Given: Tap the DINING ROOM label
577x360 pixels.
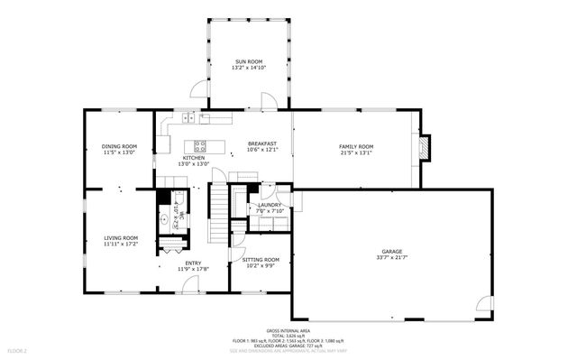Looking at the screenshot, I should (119, 146).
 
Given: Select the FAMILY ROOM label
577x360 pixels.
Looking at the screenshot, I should (355, 146).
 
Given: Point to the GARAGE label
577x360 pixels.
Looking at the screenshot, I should (391, 251).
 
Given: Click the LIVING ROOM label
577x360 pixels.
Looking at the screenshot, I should (119, 237).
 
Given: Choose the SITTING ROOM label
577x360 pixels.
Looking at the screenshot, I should (261, 260).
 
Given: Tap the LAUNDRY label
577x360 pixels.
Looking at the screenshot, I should (270, 205).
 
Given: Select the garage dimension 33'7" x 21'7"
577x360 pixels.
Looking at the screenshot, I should (391, 258).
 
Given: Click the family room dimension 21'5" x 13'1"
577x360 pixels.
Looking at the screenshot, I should (355, 152).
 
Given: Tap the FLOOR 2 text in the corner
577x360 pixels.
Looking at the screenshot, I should (17, 349).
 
